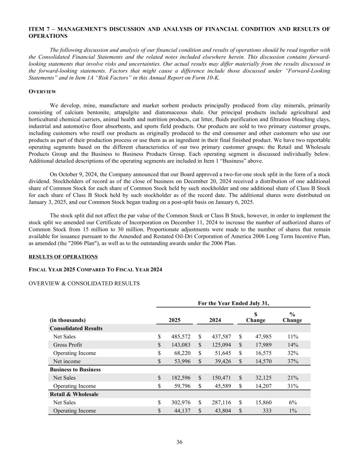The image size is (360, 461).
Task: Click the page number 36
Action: [179, 442]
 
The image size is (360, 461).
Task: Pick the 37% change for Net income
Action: [293, 361]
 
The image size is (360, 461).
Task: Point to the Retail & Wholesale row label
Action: [74, 394]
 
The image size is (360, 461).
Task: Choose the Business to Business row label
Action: [75, 369]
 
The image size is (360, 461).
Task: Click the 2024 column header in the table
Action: [215, 320]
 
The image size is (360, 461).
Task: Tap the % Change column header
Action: [292, 317]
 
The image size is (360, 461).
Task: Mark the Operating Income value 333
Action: [266, 411]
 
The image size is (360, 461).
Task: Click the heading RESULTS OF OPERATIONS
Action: [63, 257]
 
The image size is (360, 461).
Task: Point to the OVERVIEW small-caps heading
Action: [42, 92]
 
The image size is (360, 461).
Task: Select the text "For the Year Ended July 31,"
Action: [233, 303]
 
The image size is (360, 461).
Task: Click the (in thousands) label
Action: [67, 320]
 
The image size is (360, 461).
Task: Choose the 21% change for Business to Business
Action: [293, 378]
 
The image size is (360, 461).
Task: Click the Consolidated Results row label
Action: [76, 328]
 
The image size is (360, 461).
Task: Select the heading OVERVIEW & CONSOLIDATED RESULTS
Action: [84, 283]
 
